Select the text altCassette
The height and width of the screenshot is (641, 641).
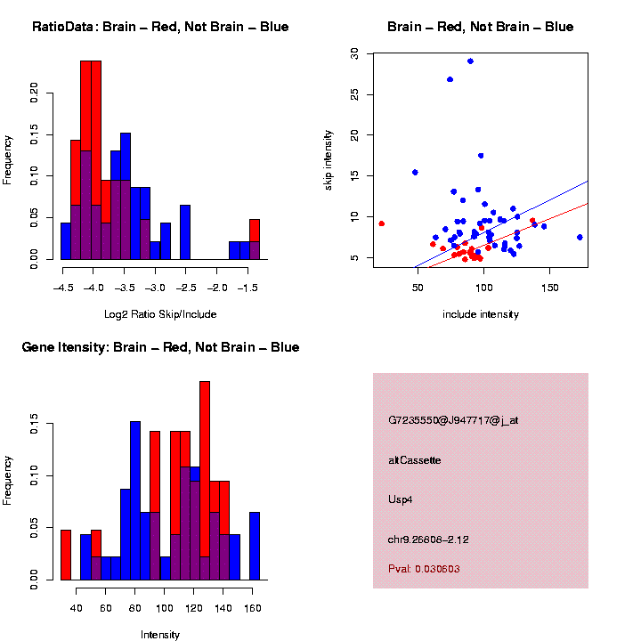[414, 460]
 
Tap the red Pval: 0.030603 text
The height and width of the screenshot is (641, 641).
[424, 568]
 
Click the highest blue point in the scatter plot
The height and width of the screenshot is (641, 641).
[470, 61]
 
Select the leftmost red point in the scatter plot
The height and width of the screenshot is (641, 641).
[381, 223]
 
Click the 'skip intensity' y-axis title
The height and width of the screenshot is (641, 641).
[328, 158]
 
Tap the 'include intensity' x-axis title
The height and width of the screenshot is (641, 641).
[481, 314]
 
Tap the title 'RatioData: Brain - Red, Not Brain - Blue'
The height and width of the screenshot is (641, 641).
[160, 27]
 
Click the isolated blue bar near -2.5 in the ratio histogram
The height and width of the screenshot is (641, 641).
[185, 232]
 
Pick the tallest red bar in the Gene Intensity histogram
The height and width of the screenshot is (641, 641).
[205, 481]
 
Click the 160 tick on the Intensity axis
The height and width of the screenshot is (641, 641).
[252, 609]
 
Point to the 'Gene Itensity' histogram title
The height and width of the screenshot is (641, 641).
[160, 347]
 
